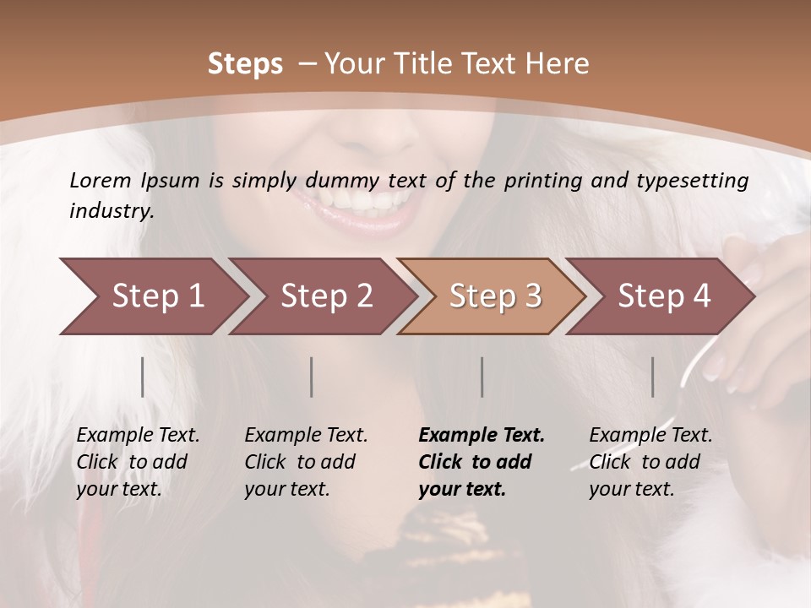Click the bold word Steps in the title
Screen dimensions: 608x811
tap(245, 64)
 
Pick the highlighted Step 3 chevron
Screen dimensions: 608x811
tap(492, 296)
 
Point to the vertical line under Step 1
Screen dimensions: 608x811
tap(143, 377)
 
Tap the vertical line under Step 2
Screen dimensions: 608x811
tap(312, 377)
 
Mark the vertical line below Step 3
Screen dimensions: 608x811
tap(482, 377)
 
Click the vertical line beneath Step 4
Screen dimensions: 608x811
tap(653, 377)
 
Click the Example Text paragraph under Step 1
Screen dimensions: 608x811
tap(138, 462)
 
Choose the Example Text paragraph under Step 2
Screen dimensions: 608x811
tap(306, 462)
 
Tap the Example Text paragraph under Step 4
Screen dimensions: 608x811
tap(650, 462)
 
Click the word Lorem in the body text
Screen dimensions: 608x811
tap(101, 180)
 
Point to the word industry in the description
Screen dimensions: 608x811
tap(111, 211)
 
